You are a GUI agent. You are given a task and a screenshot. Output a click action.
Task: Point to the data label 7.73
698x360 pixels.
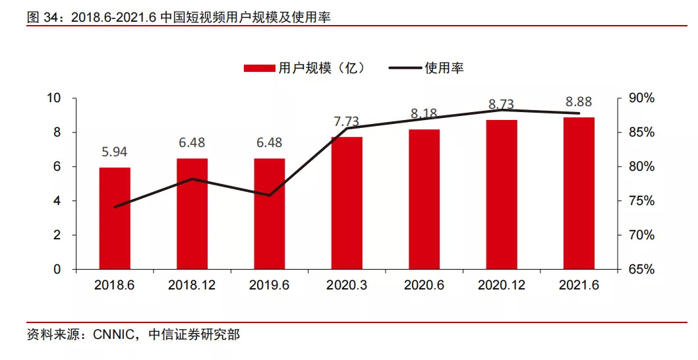point(347,121)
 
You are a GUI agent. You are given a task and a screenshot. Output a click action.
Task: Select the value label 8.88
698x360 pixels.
point(579,102)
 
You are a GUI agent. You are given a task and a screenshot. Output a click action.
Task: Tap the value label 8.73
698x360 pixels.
point(502,104)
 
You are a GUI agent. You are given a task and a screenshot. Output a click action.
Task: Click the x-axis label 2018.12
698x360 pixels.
point(192,285)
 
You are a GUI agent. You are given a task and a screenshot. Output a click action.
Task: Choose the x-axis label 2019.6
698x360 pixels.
point(269,285)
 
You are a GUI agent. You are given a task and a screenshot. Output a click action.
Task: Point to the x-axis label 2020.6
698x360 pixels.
point(424,285)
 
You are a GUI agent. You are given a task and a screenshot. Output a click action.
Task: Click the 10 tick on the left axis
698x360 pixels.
point(54,98)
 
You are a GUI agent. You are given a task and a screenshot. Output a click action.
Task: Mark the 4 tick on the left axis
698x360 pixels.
point(57,201)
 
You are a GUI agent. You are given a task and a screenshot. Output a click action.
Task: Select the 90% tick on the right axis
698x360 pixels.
point(641,98)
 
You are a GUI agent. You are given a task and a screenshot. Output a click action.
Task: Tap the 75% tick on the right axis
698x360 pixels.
point(641,201)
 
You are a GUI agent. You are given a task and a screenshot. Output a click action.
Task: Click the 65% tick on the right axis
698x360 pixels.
point(641,270)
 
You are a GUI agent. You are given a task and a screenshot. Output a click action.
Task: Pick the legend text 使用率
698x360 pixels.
point(444,68)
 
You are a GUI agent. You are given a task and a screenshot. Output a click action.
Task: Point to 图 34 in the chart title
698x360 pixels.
point(42,18)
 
